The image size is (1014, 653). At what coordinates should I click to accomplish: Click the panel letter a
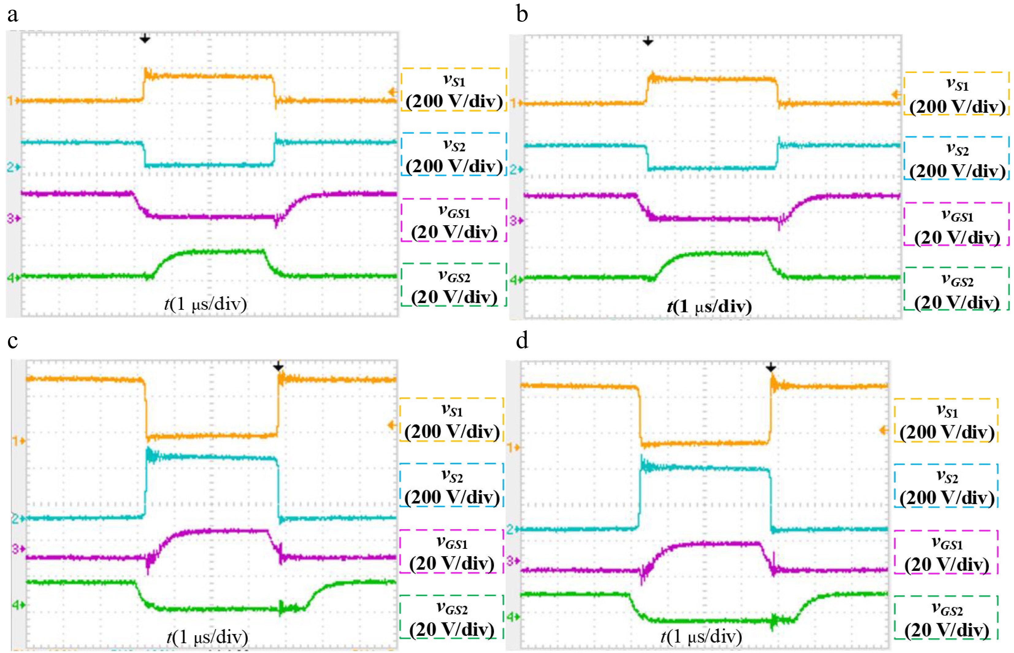(x=13, y=15)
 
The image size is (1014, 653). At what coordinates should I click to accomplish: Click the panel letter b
(x=522, y=15)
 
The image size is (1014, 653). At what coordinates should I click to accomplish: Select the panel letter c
(x=13, y=341)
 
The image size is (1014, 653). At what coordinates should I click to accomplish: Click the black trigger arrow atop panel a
(x=145, y=39)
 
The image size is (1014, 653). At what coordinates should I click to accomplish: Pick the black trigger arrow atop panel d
(x=771, y=367)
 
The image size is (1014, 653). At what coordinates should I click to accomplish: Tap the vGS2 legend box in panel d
(x=946, y=619)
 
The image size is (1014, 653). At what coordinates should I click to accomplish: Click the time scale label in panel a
(x=206, y=304)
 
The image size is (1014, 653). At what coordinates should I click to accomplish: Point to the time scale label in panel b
(x=709, y=306)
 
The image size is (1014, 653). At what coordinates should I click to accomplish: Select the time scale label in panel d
(x=701, y=636)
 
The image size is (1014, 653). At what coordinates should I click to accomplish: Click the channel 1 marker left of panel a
(x=11, y=101)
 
